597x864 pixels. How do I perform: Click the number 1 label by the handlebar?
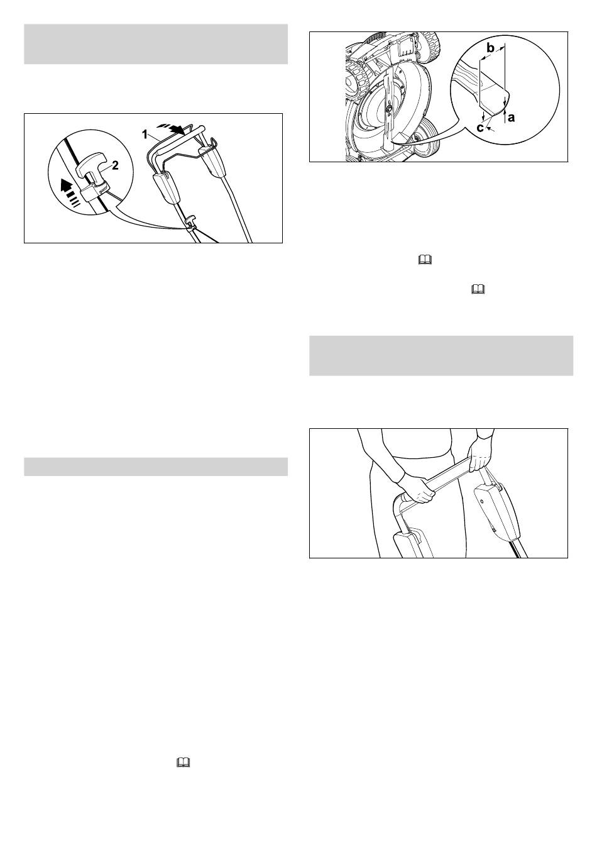pos(145,135)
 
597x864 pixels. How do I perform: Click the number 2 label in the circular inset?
pos(114,165)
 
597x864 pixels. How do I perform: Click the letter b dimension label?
pos(491,48)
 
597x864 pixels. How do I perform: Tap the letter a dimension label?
pos(511,117)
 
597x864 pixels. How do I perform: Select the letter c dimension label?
pos(480,127)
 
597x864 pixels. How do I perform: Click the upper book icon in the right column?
pos(424,260)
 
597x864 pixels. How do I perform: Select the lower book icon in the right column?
pos(478,290)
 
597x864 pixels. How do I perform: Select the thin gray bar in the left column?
pos(156,467)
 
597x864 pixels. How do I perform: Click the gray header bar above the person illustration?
pos(441,356)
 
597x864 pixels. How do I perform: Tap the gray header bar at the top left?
pos(156,44)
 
